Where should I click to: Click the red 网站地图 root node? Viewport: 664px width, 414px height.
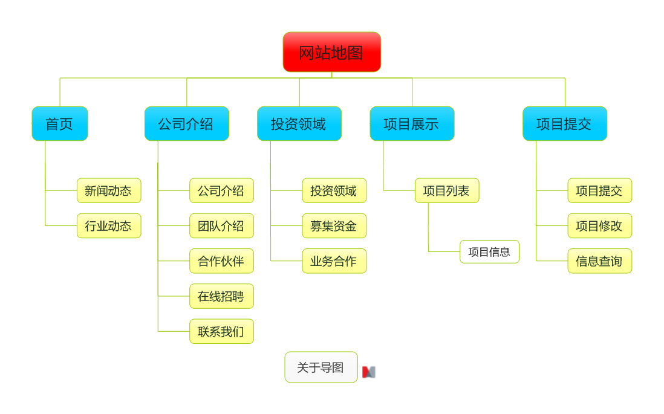point(331,52)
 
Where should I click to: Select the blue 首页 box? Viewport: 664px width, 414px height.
point(60,124)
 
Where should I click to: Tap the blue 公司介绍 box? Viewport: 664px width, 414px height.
point(186,124)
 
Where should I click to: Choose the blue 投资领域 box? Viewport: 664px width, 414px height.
point(299,124)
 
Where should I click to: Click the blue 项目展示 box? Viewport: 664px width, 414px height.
point(412,124)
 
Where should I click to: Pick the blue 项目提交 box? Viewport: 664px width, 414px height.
point(564,124)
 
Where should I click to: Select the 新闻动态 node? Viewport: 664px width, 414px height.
point(109,190)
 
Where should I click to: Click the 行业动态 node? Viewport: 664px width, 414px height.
point(109,225)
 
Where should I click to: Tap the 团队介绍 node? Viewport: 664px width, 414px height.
point(221,225)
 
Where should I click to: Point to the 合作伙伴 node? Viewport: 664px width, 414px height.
point(221,261)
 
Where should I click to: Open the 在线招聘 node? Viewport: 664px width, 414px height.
point(221,296)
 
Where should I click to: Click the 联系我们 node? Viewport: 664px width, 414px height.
point(221,331)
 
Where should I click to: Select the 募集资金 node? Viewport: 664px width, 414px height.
point(334,225)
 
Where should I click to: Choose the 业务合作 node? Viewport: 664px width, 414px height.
point(334,261)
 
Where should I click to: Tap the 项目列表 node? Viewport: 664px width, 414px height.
point(446,190)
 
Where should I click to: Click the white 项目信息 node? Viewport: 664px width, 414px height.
point(489,251)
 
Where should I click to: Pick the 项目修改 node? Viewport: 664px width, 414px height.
point(599,225)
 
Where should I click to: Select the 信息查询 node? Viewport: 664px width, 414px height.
point(599,261)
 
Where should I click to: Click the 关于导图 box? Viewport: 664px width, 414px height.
point(321,367)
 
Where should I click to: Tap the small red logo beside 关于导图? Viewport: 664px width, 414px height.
point(368,372)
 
